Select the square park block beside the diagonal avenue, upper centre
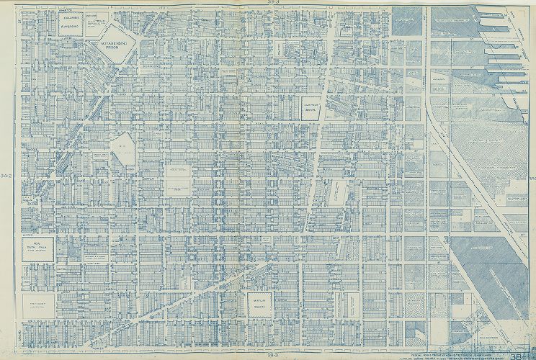click(311, 107)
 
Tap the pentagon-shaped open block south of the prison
click(122, 147)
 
